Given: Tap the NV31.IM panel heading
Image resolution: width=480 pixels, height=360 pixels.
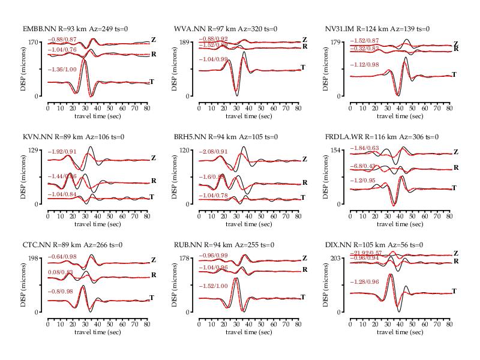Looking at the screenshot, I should (377, 29).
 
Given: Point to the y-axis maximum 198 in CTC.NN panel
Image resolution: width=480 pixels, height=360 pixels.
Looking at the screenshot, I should (31, 258).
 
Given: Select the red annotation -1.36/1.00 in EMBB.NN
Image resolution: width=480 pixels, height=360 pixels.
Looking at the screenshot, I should (62, 70).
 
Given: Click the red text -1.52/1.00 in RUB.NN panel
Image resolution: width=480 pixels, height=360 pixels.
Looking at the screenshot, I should (214, 286).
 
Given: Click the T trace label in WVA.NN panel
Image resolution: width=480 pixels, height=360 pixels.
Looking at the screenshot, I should (303, 67).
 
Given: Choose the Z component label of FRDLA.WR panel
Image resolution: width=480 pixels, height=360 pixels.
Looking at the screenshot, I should (455, 152).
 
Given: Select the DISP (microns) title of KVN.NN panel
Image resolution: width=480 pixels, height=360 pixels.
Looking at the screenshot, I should (24, 177).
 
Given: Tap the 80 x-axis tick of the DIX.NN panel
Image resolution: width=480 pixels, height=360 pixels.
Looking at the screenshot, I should (449, 324).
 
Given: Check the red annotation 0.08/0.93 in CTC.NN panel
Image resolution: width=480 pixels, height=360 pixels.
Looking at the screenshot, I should (61, 272).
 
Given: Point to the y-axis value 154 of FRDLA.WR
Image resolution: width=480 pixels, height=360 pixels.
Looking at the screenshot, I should (333, 150).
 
